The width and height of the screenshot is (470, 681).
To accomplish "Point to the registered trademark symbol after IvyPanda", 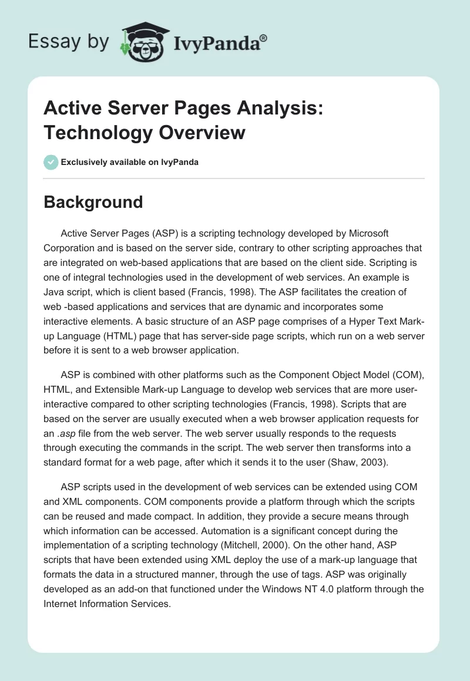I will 264,38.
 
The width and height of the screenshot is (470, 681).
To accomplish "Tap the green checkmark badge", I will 51,162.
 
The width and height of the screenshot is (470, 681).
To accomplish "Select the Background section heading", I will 93,202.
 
